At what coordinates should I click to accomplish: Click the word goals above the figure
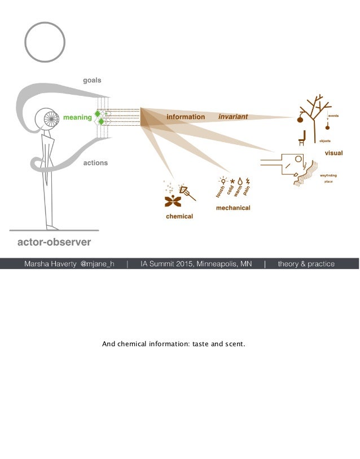tap(92, 81)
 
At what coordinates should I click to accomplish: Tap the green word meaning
tap(77, 117)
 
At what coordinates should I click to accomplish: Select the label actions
tap(95, 163)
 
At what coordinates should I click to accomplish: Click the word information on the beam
tap(185, 117)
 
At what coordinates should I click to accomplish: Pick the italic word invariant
tap(233, 117)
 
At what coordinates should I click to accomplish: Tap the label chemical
tap(179, 217)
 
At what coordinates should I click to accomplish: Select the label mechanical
tap(233, 208)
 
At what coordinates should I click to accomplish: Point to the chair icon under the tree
tap(301, 136)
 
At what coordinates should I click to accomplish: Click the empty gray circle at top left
tap(45, 42)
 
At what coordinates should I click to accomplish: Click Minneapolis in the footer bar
tap(216, 264)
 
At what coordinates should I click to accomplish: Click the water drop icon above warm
tap(240, 181)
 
